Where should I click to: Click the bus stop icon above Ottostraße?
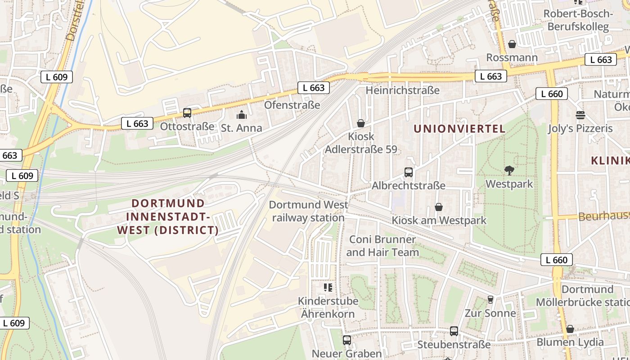click(187, 113)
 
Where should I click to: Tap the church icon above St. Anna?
click(242, 115)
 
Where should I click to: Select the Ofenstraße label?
click(292, 105)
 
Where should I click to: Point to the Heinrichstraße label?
click(402, 90)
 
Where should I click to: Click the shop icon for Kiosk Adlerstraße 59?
click(361, 123)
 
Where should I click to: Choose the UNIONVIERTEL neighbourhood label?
click(459, 129)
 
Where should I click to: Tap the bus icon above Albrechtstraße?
click(409, 172)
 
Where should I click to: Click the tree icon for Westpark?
click(509, 171)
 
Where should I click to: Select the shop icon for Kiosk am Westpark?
click(439, 207)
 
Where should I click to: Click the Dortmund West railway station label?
click(308, 211)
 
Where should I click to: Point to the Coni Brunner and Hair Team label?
click(382, 246)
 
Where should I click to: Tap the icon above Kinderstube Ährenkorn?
click(328, 287)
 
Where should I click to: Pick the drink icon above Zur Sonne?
click(490, 299)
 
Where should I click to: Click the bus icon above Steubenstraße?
click(454, 331)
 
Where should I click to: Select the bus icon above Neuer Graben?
click(346, 340)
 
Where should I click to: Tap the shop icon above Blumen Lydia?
click(570, 329)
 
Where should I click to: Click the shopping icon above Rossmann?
click(512, 44)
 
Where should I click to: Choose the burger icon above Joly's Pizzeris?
click(580, 115)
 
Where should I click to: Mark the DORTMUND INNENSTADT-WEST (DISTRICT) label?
click(168, 217)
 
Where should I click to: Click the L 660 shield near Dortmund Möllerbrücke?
click(557, 260)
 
